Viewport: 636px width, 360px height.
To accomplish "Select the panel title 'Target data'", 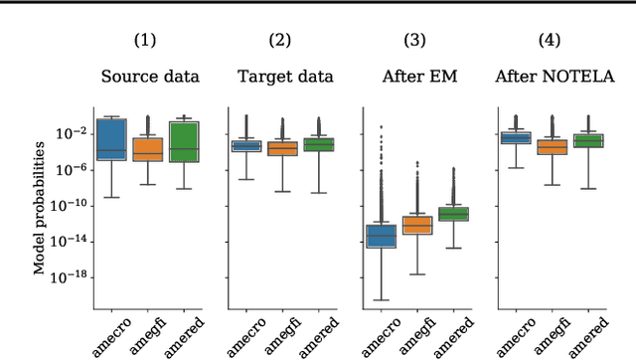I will pos(280,76).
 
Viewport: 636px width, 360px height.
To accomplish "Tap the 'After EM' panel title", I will pos(413,76).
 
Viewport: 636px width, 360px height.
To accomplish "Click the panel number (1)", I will pos(147,41).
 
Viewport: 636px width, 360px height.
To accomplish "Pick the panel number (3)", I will pos(413,41).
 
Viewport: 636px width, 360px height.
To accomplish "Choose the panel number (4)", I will pos(548,41).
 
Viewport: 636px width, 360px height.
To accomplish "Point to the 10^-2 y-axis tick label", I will pos(73,133).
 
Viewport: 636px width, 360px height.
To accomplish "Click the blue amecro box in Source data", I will pos(111,139).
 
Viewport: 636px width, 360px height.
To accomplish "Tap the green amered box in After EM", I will pos(452,214).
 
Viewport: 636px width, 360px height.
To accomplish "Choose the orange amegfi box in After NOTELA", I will pos(550,146).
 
